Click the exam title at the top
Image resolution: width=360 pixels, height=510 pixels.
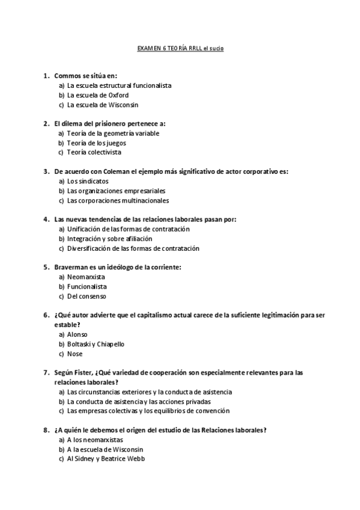(180, 48)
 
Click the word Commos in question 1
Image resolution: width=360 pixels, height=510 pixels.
(67, 76)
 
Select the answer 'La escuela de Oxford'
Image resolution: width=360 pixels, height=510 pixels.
(97, 95)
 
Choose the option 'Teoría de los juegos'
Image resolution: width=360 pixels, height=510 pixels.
(96, 143)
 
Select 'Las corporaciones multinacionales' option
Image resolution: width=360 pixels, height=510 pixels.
(118, 200)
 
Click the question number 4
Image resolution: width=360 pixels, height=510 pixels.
(46, 220)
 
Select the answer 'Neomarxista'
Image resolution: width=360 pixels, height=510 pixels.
(87, 277)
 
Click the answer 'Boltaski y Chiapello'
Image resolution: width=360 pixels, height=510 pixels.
(96, 344)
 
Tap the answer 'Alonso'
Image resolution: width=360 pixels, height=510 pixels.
(78, 334)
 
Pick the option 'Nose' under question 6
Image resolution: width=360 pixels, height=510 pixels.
(75, 354)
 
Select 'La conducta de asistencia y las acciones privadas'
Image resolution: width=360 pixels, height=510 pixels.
(139, 401)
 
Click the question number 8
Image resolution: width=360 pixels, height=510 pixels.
(46, 430)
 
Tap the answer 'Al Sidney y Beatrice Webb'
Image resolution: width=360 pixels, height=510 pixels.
(106, 459)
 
